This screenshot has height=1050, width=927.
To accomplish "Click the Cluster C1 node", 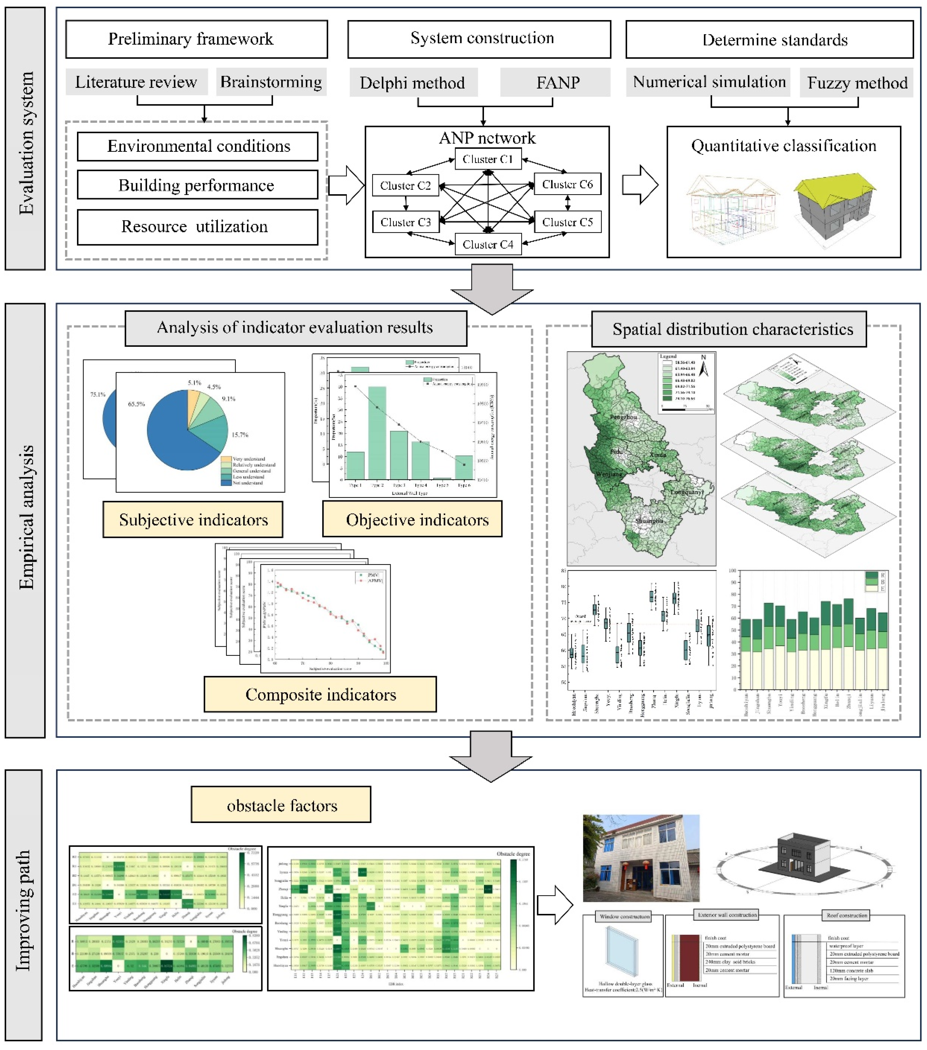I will point(487,159).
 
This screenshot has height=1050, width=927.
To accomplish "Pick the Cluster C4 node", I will point(487,244).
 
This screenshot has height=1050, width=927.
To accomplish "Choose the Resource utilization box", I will point(197,226).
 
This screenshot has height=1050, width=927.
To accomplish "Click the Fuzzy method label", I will point(857,83).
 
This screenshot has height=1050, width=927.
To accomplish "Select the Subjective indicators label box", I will point(193,519).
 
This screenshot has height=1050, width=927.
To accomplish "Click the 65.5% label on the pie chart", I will point(136,404).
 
